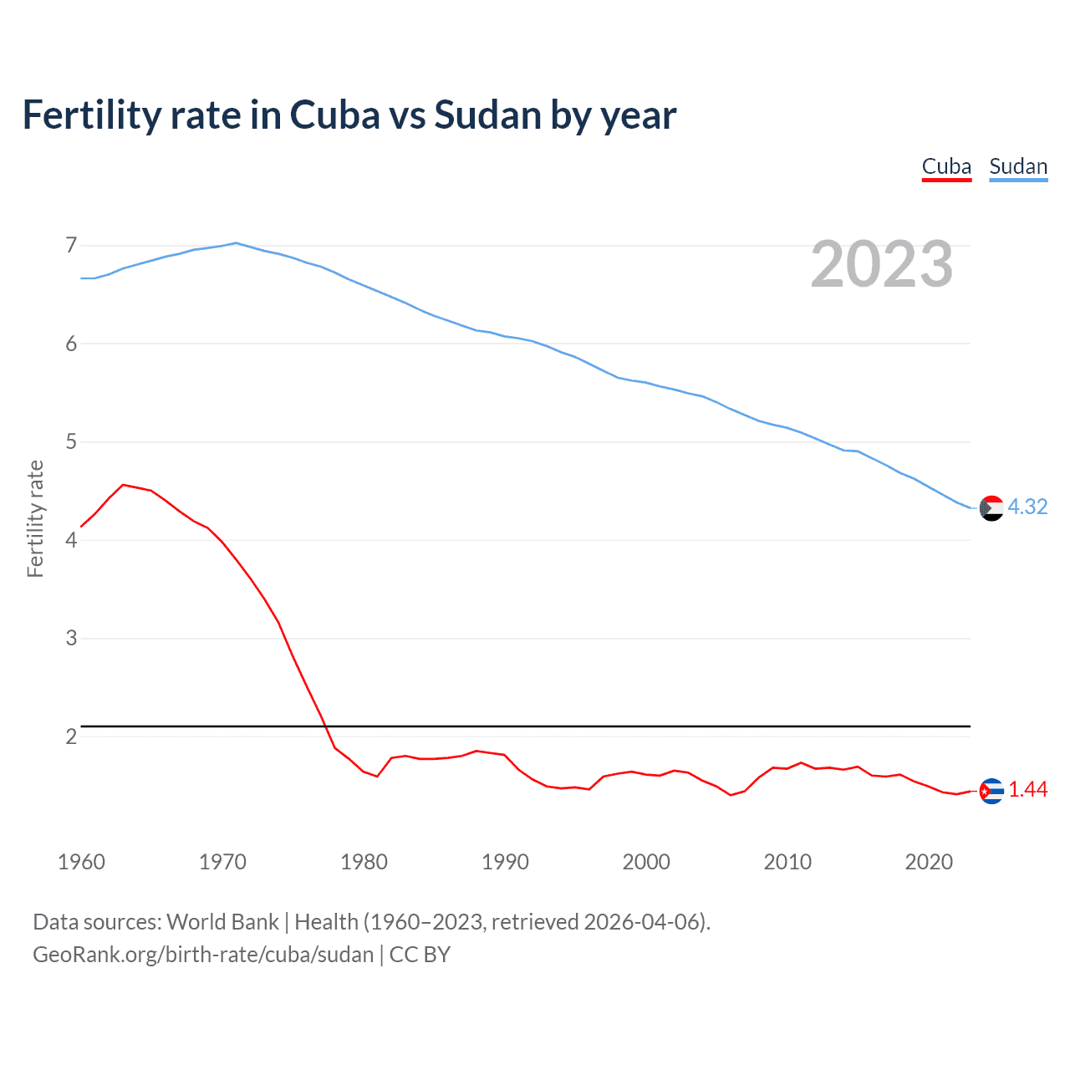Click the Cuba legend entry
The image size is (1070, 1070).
(946, 166)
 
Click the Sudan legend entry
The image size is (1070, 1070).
(1017, 166)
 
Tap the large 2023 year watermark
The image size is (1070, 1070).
(881, 264)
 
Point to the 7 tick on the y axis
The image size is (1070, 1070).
(71, 246)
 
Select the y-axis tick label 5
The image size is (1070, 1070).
(71, 441)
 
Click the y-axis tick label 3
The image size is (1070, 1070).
(71, 638)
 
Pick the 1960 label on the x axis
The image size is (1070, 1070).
(81, 862)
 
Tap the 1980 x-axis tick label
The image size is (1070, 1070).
(364, 862)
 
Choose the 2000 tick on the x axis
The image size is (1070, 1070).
(646, 862)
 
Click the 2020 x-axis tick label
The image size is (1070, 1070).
(929, 862)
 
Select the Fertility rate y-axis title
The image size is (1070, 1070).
(35, 518)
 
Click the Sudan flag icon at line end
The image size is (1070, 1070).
(991, 507)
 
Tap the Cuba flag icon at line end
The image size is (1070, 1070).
(991, 790)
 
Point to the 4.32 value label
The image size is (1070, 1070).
(1027, 507)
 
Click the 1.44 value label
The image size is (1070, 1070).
(1027, 790)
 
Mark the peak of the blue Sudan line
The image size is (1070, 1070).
(237, 243)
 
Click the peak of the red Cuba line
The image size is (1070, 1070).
(124, 485)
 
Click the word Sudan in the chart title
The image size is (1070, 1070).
(487, 115)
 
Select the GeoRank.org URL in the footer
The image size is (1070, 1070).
(203, 955)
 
